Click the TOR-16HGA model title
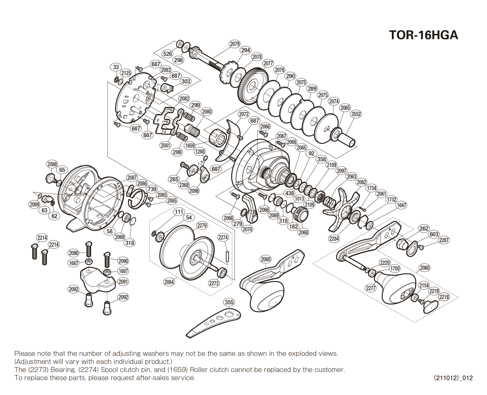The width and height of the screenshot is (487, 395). pos(423,35)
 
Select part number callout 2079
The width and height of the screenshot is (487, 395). pos(234,44)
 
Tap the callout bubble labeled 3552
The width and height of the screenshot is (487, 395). pos(356,114)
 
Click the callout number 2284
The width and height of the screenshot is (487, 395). pos(334,239)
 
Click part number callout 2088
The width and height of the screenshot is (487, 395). pos(52,164)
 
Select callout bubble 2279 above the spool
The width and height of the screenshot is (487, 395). pos(202,225)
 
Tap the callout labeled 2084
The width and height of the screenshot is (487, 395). pos(169,282)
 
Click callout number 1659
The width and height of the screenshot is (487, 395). pos(190,145)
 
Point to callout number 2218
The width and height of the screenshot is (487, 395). pos(444,297)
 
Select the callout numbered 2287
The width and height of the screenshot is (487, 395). pos(444,240)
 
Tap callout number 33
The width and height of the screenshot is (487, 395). pos(116,67)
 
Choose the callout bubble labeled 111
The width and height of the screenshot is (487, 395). pos(179,211)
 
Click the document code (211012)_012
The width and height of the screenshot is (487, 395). pos(453,378)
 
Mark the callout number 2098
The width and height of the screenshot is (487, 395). pos(194,191)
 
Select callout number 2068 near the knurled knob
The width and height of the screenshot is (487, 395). pos(303,232)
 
